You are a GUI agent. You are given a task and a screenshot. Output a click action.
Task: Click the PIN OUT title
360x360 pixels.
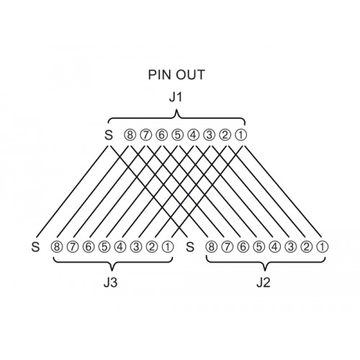coord(176,75)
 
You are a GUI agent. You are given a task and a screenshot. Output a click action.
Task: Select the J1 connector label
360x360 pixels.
coord(176,97)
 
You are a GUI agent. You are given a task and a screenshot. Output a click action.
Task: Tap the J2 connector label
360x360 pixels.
coord(264,283)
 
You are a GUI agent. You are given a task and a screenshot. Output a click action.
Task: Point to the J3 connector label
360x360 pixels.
coord(110,283)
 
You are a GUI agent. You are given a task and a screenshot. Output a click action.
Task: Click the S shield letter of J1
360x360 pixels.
coord(109,135)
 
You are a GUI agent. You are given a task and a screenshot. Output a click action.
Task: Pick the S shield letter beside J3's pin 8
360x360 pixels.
coord(35,247)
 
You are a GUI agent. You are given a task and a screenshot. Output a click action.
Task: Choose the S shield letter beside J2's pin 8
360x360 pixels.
coord(190,247)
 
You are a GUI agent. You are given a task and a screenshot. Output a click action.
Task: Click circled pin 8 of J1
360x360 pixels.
coord(130,135)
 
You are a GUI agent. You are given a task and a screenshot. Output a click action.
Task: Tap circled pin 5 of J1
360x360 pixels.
coord(177,135)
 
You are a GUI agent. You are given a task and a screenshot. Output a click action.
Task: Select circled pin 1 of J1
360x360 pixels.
coord(240,135)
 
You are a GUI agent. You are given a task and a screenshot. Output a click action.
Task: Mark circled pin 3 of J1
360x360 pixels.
coord(209,135)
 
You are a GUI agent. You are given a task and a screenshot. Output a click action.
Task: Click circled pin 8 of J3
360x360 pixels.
coord(56,247)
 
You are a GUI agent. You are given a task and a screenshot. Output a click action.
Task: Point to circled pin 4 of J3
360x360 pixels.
coord(120,247)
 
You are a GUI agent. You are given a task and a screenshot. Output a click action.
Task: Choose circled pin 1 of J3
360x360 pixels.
coord(168,247)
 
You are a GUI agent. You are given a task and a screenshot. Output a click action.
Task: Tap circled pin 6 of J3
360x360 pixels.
coord(89,247)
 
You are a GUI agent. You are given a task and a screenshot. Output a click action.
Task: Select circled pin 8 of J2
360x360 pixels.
coord(211,247)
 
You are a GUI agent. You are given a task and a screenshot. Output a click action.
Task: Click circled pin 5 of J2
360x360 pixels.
coord(258,247)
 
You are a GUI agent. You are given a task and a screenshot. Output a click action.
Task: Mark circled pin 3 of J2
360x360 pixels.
coord(290,247)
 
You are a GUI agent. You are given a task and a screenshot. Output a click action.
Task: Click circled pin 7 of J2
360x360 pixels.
coord(227,247)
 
